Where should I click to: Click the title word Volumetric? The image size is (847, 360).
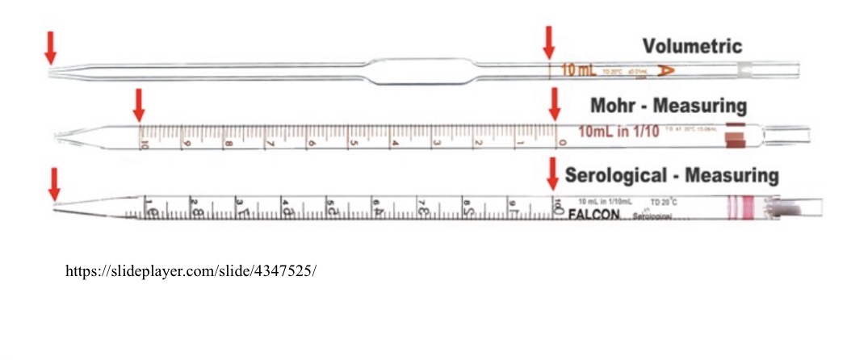coord(692,46)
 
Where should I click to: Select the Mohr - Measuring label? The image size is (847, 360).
coord(669,106)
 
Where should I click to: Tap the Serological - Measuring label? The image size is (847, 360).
coord(672,175)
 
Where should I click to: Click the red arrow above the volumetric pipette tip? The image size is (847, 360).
coord(50,47)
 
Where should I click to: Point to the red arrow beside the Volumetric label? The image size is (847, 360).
coord(549,42)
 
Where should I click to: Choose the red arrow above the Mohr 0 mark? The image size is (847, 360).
coord(554,103)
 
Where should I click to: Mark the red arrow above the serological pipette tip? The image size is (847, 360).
coord(54,183)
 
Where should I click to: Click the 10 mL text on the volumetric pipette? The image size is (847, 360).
coord(578,70)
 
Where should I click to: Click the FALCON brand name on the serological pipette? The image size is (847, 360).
coord(593,215)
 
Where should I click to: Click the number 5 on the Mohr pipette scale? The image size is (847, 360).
coord(353,144)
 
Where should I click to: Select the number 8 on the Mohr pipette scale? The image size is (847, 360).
coord(228,144)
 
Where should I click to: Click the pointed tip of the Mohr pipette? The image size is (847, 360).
coord(57,135)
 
